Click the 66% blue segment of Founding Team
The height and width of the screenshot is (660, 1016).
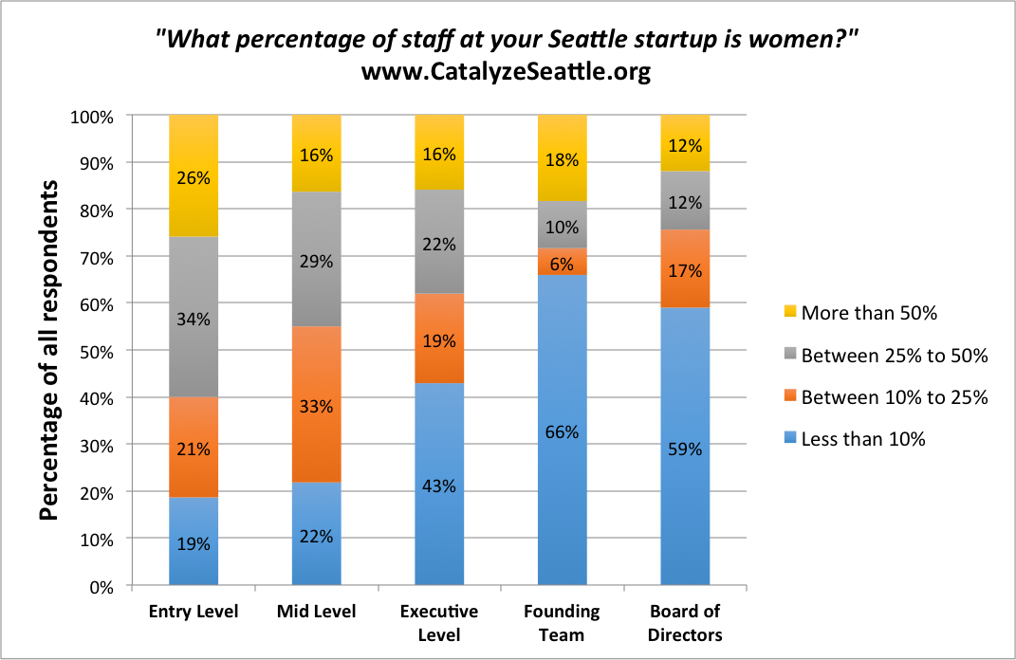pos(562,431)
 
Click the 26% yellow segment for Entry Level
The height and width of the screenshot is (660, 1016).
pos(194,175)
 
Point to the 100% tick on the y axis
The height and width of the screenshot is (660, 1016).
pos(92,117)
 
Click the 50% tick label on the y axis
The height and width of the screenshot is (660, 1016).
pos(96,351)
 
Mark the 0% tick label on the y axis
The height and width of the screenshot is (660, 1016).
pos(100,587)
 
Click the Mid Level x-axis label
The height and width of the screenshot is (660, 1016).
pos(316,612)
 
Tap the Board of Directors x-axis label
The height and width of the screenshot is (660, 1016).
pos(685,623)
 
